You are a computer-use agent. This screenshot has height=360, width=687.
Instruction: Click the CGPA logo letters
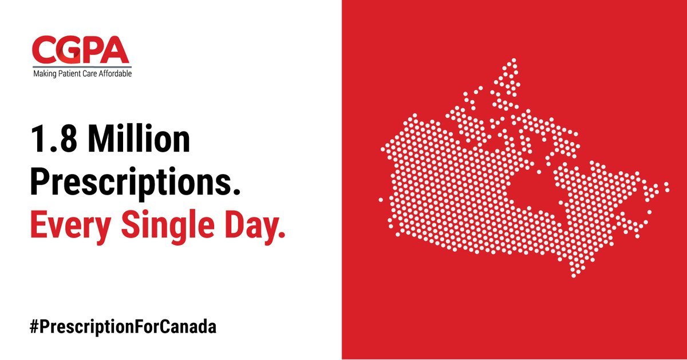click(x=81, y=50)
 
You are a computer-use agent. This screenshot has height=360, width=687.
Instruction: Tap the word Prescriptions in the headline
click(x=135, y=183)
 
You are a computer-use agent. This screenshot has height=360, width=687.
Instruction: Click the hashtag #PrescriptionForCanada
click(x=123, y=327)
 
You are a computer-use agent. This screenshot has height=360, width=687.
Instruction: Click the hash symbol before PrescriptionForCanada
click(x=34, y=326)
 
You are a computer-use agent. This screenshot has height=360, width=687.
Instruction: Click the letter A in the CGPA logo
click(x=114, y=50)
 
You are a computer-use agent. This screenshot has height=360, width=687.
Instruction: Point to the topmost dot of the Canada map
click(x=514, y=60)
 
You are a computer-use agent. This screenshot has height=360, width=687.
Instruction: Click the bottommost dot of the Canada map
click(x=574, y=276)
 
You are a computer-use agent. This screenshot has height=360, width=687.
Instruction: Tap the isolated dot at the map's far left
click(x=381, y=200)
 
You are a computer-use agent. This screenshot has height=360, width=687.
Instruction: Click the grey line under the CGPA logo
click(x=82, y=67)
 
